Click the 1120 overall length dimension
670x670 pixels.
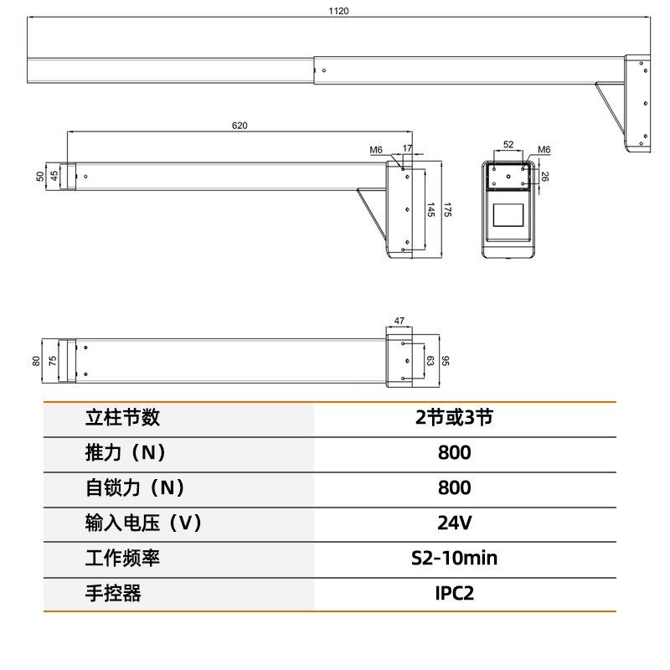pos(338,11)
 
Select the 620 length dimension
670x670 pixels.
pos(240,126)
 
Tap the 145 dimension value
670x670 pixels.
pos(430,209)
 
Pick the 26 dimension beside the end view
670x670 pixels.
pos(545,177)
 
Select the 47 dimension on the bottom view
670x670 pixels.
pos(399,321)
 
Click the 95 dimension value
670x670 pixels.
pos(446,361)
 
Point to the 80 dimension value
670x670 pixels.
pos(36,361)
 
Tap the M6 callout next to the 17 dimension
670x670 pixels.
pos(376,150)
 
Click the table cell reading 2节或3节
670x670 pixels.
pos(454,417)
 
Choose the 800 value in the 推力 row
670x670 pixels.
pos(454,453)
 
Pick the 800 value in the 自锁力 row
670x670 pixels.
pos(454,487)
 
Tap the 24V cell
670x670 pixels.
pos(454,523)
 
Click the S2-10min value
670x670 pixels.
pos(454,558)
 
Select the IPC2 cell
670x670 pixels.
pos(454,594)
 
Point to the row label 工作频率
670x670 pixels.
pos(122,558)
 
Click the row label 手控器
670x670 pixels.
pos(113,594)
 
